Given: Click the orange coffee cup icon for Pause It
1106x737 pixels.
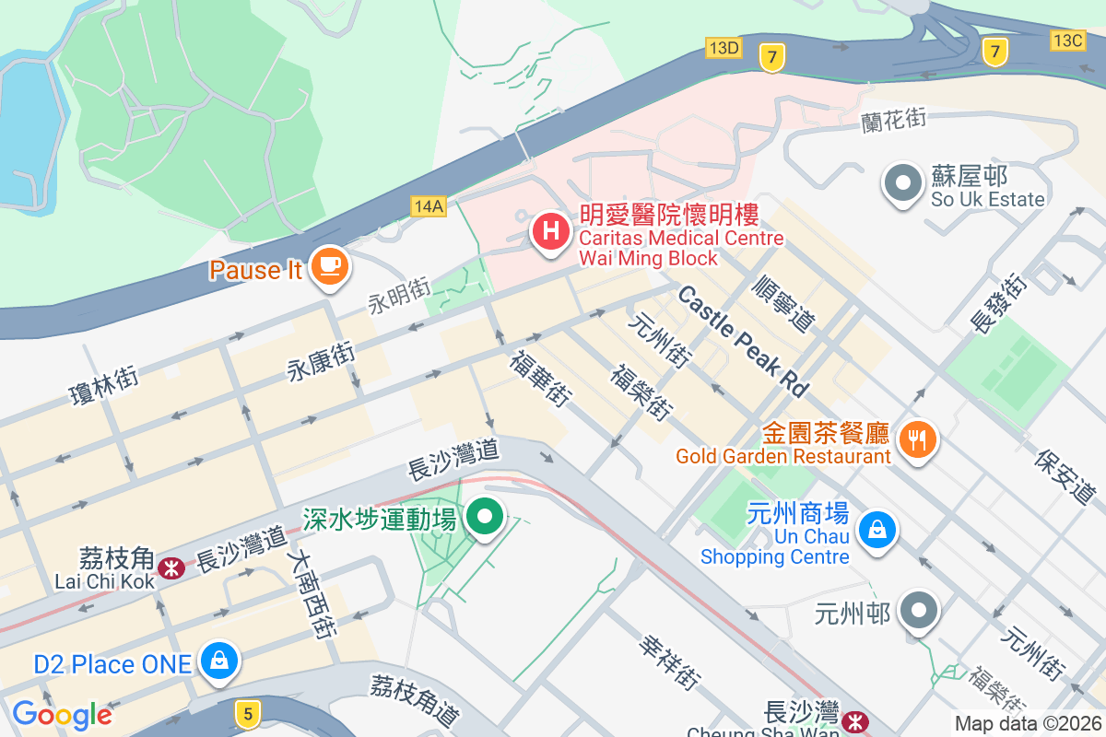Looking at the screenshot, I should pos(329,267).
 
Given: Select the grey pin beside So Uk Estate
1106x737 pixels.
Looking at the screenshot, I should pos(903,183).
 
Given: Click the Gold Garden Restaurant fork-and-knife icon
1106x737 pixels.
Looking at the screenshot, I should pos(916,440).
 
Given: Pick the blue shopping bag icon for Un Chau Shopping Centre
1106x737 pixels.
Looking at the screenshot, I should pos(878,531).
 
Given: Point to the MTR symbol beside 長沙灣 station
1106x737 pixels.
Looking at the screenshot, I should pos(857,719).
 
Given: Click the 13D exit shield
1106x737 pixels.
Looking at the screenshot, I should pos(724,47).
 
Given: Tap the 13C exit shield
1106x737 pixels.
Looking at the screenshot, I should pos(1067,40).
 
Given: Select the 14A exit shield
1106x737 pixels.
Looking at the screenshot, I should pos(429,205).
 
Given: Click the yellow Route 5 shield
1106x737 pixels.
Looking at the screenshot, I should pos(245,711).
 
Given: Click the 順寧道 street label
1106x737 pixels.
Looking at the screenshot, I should pos(784,302).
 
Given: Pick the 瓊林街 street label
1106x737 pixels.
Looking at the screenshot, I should pos(104,385).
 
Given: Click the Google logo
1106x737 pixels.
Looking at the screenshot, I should pos(62,715).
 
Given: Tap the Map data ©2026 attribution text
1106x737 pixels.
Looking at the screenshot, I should pos(1027,724).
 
